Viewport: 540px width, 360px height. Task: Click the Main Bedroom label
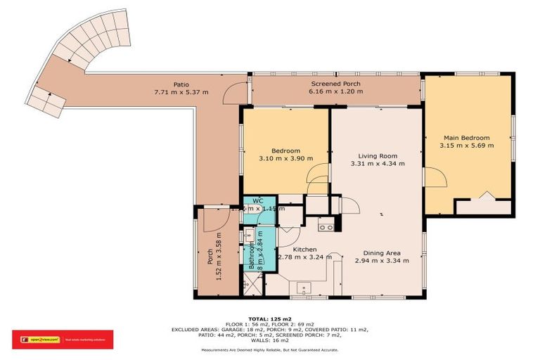pos(466,138)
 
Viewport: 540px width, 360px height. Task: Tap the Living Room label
pos(378,156)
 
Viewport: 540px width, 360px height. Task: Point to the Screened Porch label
pos(337,84)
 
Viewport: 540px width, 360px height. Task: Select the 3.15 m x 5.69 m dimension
pos(466,146)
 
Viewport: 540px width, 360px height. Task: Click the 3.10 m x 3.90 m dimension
pos(286,158)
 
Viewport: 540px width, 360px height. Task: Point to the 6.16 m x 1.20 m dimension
pos(337,91)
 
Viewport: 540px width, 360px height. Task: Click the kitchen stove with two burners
pos(326,225)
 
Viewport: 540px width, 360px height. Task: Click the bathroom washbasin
pos(249,236)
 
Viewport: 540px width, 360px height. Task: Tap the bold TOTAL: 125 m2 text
pos(269,318)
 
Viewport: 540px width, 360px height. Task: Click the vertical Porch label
pos(210,257)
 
